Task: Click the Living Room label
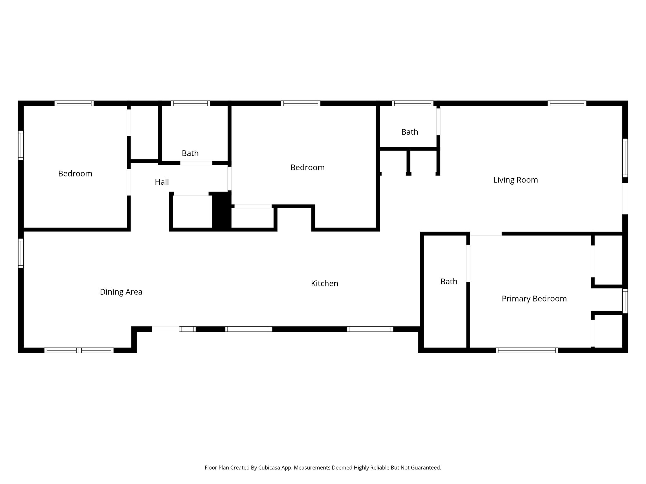(x=515, y=180)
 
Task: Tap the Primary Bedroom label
(x=534, y=299)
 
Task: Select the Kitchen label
(x=324, y=284)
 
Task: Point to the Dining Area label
(x=121, y=292)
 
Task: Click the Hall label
(x=162, y=182)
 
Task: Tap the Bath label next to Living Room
(x=409, y=132)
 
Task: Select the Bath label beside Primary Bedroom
(x=449, y=282)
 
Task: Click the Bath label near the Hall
(x=190, y=153)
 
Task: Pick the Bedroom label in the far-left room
(x=75, y=174)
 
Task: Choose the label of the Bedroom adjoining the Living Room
(x=307, y=168)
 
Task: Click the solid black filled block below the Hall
(x=221, y=210)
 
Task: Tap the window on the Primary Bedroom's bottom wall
(x=527, y=350)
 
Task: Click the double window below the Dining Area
(x=79, y=350)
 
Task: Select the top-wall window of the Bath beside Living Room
(x=413, y=103)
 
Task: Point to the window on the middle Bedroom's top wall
(x=300, y=103)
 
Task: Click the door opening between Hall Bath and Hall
(x=196, y=163)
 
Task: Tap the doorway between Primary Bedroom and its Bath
(x=468, y=263)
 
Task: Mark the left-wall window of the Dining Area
(x=21, y=253)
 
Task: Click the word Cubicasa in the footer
(x=269, y=468)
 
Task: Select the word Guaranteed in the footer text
(x=426, y=468)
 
